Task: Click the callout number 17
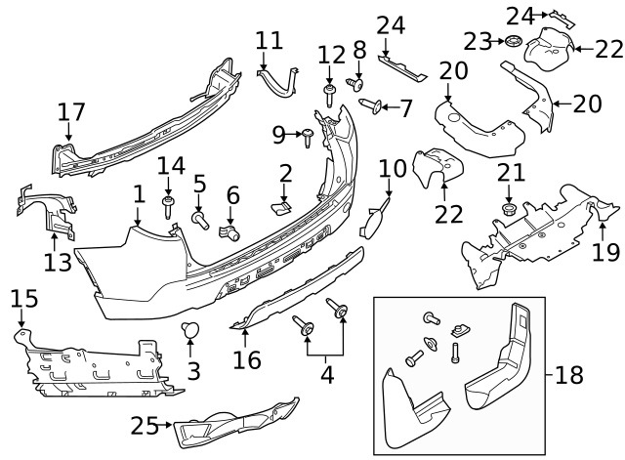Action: tap(70, 112)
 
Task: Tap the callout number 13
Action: tap(57, 261)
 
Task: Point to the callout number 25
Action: tap(145, 426)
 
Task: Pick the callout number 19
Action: tap(604, 252)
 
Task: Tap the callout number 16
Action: tap(246, 360)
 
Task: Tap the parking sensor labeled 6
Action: tap(232, 232)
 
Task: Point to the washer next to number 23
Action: tap(509, 42)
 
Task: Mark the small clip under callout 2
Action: tap(279, 206)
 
